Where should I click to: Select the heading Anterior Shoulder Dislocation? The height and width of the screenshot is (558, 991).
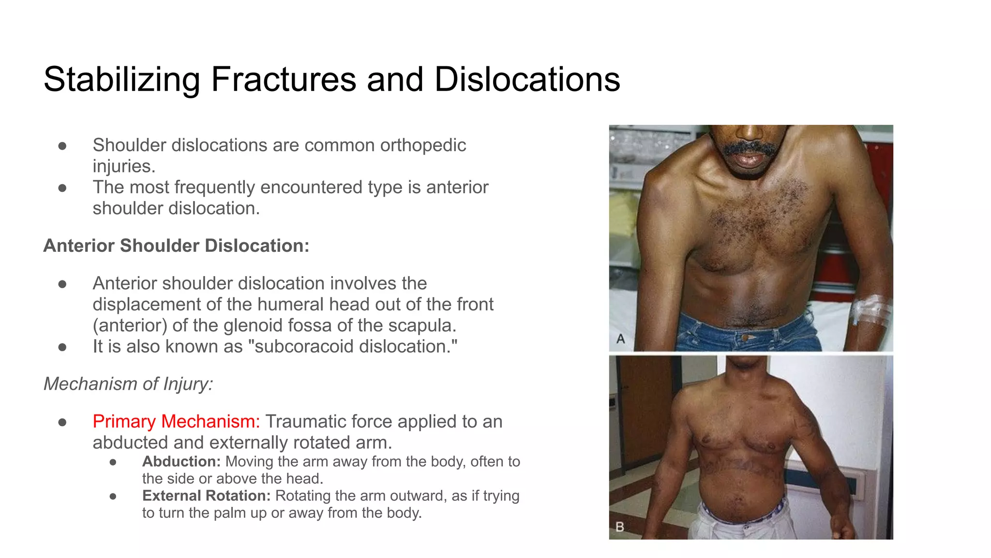click(176, 246)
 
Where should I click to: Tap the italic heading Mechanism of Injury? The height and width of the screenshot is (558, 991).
click(128, 384)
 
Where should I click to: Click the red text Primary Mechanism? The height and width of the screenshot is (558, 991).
click(176, 421)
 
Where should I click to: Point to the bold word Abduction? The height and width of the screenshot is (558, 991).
click(181, 461)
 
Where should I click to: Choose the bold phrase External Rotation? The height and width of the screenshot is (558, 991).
click(206, 496)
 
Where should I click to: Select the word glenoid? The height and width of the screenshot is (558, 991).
click(254, 325)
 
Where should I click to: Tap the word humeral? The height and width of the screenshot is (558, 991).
click(290, 304)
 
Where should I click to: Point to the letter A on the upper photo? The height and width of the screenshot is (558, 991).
click(621, 339)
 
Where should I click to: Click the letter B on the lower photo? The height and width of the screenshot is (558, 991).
click(620, 527)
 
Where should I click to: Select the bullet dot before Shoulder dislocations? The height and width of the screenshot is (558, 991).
click(62, 145)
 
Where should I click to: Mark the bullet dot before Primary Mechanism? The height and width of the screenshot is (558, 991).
click(62, 422)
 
